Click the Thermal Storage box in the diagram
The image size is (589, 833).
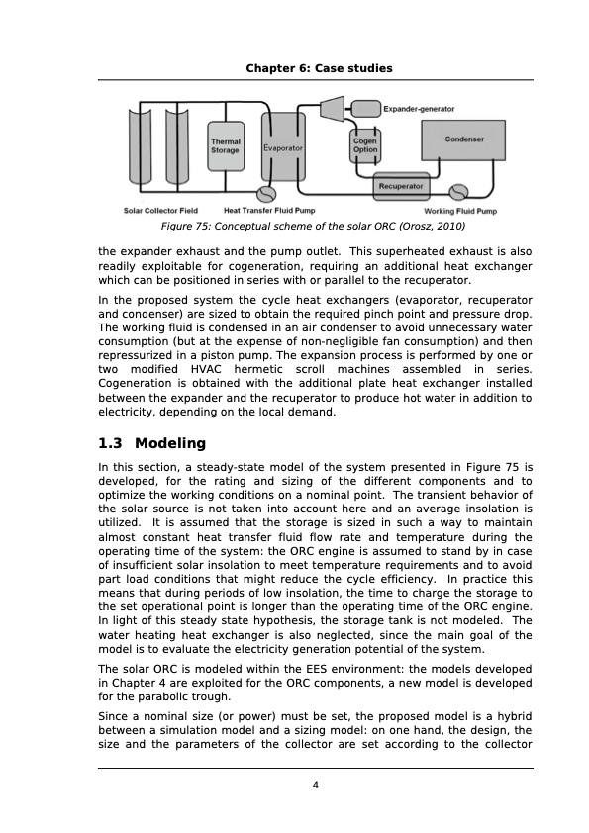coord(225,145)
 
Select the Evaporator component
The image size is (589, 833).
coord(282,148)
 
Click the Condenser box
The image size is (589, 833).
coord(463,139)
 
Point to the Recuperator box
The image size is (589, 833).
coord(401,185)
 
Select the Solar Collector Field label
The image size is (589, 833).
coord(159,210)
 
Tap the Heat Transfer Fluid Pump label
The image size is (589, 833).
coord(269,210)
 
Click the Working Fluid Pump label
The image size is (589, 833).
coord(460,211)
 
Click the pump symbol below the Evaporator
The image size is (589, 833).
coord(265,194)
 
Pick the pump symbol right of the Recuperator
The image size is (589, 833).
coord(458,190)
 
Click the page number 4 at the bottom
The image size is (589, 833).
coord(315,787)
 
